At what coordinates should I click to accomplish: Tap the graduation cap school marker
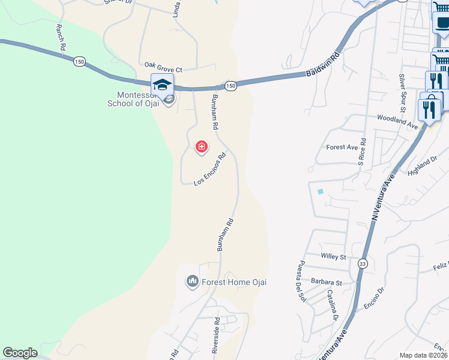(x=162, y=85)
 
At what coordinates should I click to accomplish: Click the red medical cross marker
(x=202, y=146)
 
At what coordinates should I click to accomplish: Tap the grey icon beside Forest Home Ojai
(x=193, y=281)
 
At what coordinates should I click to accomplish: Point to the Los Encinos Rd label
(x=210, y=169)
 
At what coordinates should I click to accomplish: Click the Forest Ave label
(x=342, y=147)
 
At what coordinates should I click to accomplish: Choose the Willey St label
(x=334, y=257)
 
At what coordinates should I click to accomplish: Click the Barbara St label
(x=326, y=282)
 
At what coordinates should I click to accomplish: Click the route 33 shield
(x=363, y=264)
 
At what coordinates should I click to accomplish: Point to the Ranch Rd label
(x=60, y=37)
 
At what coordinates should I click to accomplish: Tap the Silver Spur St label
(x=402, y=91)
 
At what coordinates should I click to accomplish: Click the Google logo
(x=20, y=353)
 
